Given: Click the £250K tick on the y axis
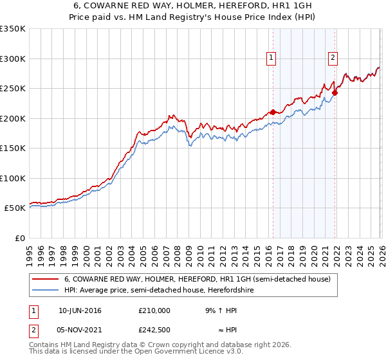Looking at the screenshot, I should tap(13, 89).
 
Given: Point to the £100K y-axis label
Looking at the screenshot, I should tap(13, 178).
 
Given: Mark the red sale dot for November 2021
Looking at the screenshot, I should tap(335, 93).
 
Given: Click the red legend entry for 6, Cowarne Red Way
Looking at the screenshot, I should tap(197, 279).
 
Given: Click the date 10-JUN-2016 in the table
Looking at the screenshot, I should tap(80, 310).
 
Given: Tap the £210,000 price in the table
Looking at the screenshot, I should tap(154, 310).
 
